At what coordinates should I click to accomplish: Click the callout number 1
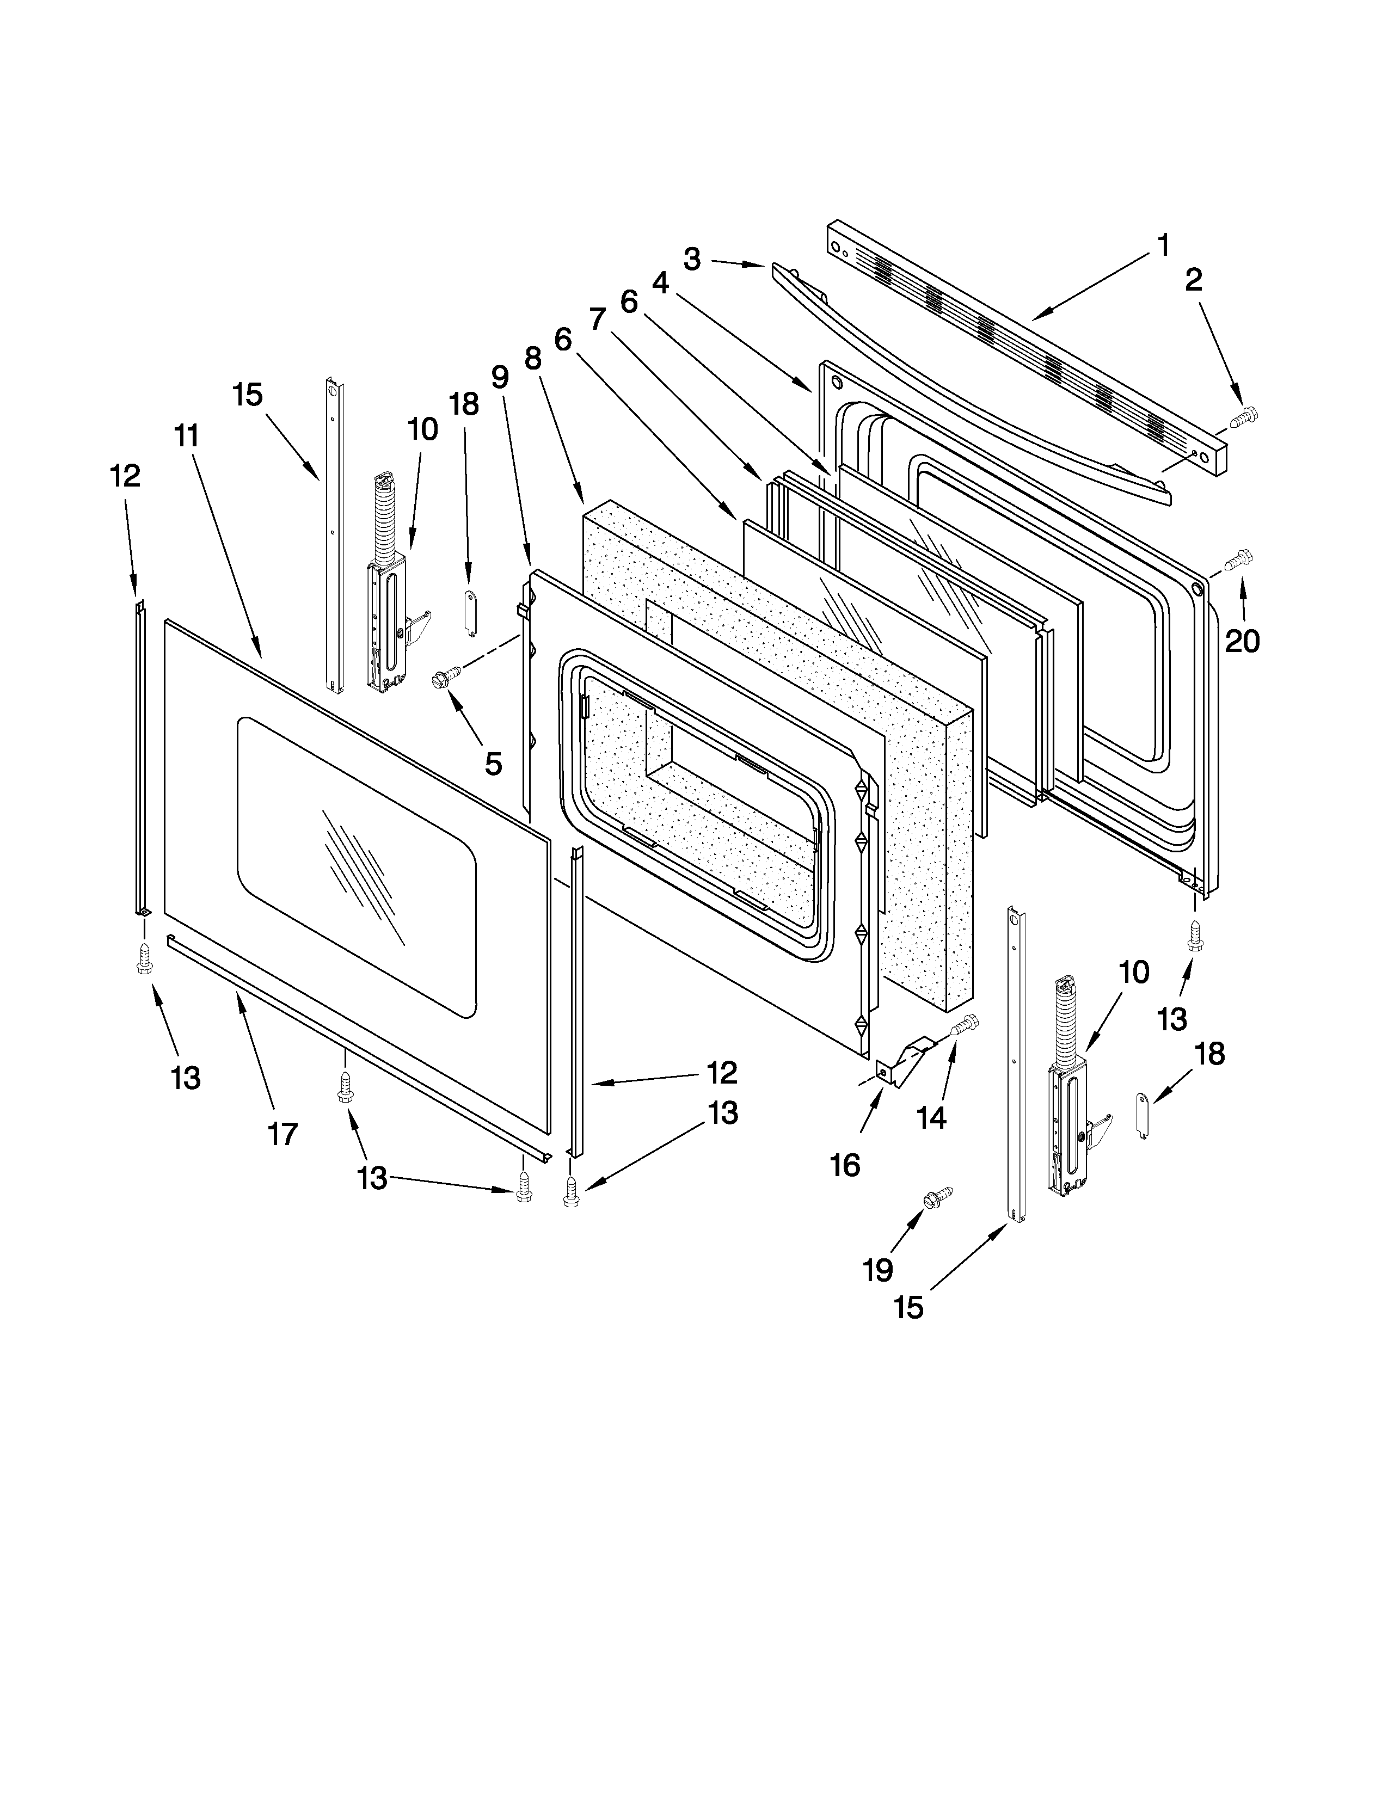(1163, 245)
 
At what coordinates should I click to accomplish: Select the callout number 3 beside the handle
(692, 260)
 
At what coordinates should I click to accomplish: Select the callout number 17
(282, 1135)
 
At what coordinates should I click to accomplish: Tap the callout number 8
(533, 359)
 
